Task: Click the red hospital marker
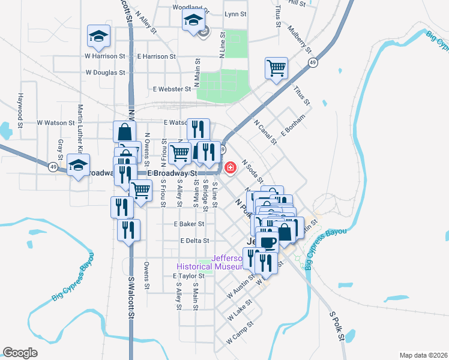(230, 167)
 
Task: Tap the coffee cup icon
(268, 242)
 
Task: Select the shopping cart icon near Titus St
(276, 68)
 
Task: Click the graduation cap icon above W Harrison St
(98, 37)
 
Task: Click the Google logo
(20, 353)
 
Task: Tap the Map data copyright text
(423, 355)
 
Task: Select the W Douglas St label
(105, 73)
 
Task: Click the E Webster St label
(172, 89)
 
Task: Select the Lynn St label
(235, 13)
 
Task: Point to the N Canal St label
(265, 133)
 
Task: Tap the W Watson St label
(55, 122)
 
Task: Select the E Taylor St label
(181, 276)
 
